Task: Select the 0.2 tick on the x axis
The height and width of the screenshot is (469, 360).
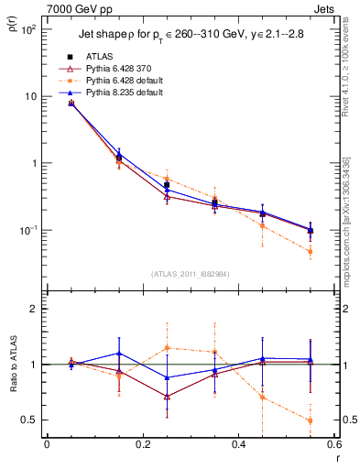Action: coord(142,445)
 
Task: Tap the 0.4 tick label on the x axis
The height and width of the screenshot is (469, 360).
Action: coord(237,445)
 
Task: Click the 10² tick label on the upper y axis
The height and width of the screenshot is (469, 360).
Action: coord(29,30)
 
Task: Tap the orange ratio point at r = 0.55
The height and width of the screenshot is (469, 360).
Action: coord(310,420)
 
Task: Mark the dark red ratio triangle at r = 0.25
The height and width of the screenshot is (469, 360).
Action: coord(167,397)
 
